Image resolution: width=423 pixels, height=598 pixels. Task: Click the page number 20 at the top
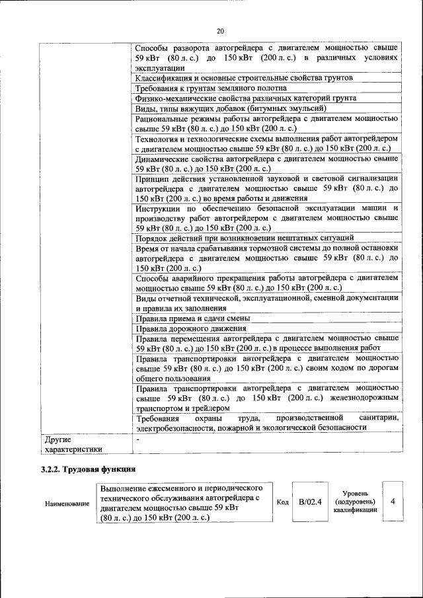220,30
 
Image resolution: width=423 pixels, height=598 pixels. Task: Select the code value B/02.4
310,502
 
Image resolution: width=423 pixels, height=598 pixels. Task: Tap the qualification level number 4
393,502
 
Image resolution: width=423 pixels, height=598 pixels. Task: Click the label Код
283,503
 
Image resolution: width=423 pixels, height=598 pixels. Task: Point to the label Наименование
67,504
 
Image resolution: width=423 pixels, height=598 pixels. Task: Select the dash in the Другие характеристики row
137,439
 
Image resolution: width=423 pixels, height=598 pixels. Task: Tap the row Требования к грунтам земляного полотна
211,88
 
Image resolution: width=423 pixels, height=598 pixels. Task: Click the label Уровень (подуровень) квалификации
356,502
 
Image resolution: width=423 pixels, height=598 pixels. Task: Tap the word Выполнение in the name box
124,487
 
